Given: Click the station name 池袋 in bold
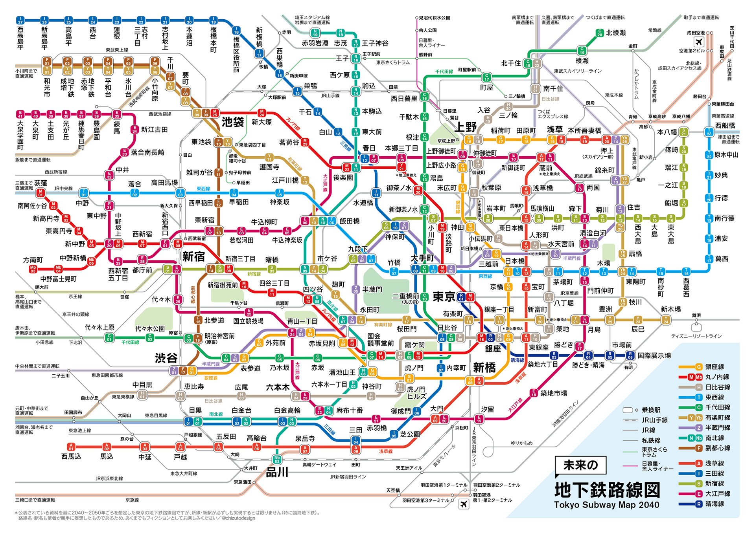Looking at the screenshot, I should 233,122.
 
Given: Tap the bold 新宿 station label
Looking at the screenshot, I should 193,256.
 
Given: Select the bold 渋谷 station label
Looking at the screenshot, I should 166,358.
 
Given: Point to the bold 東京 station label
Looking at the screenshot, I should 444,297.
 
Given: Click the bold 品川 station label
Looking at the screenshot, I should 277,472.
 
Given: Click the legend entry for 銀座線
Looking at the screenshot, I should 714,367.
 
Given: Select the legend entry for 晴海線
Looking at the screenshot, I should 714,504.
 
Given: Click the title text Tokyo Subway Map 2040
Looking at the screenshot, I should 606,505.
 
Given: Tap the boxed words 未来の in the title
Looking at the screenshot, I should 580,465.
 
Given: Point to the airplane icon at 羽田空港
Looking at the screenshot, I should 464,504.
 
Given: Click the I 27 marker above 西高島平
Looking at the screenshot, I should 20,20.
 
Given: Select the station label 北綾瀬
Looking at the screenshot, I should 615,33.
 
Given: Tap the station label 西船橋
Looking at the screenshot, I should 725,125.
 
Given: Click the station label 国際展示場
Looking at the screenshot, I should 654,355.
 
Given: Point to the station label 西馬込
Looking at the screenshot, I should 71,456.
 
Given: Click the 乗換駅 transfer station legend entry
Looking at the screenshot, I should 651,410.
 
